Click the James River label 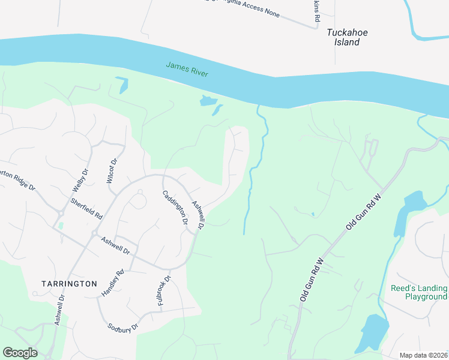[x=187, y=69]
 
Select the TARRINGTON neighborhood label [x=69, y=283]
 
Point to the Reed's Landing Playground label [x=418, y=292]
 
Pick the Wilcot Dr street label [x=110, y=170]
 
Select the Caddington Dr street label [x=175, y=208]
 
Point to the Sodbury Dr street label [x=123, y=328]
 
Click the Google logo [x=20, y=352]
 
